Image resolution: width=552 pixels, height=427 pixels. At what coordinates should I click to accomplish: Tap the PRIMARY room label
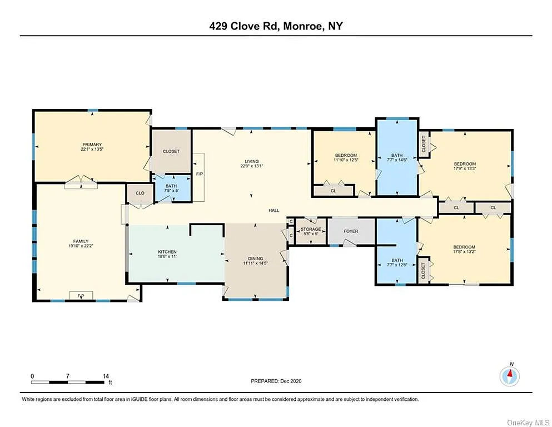point(92,145)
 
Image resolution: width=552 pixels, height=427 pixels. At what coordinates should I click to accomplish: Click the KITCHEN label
point(167,252)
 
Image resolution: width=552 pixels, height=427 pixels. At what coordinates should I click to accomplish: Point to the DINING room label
point(255,259)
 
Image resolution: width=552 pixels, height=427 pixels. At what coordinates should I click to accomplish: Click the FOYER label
point(351,231)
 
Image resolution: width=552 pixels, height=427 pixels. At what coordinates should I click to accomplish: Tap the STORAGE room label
point(311,229)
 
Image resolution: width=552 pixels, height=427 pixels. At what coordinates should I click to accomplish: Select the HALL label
point(273,211)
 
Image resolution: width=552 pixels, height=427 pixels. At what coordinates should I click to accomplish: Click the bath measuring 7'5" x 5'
point(172,190)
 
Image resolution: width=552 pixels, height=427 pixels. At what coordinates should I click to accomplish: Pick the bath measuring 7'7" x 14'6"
point(396,160)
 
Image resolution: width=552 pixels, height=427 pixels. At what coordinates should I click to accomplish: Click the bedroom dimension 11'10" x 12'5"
point(346,160)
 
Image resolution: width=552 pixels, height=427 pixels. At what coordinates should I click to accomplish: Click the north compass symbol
point(510,376)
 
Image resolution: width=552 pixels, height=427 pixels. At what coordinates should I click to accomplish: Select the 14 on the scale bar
point(106,376)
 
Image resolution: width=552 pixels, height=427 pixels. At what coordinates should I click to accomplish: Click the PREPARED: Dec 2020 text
point(276,381)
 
